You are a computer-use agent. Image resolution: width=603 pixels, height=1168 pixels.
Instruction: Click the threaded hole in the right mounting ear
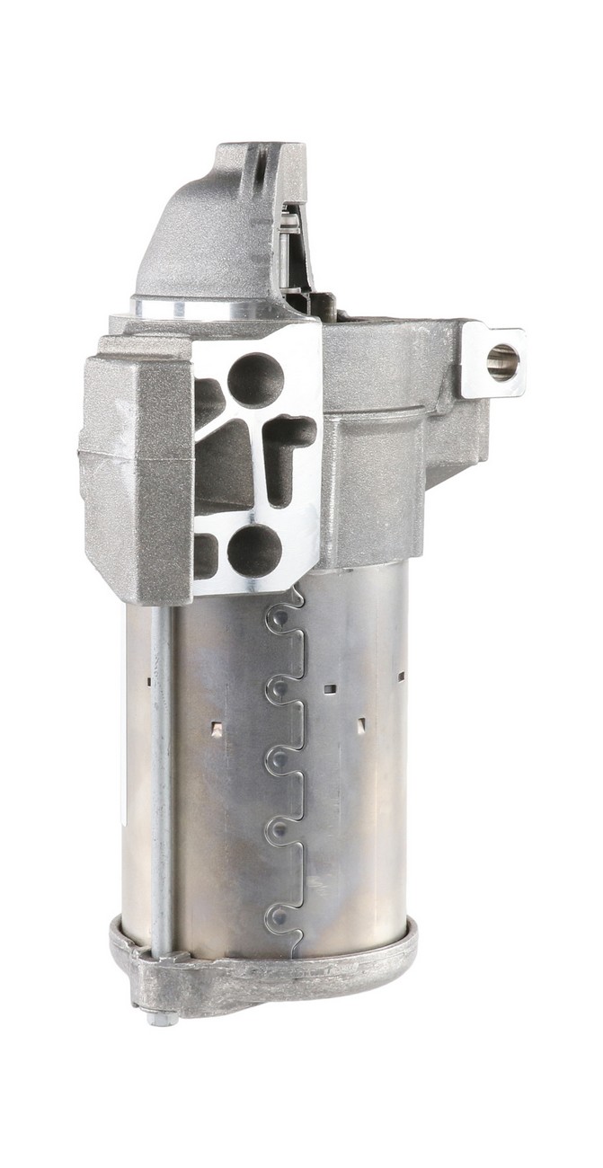(501, 361)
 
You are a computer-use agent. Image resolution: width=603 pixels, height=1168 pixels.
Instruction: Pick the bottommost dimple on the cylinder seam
(281, 917)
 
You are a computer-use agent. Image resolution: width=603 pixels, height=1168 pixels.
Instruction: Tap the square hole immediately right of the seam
(330, 689)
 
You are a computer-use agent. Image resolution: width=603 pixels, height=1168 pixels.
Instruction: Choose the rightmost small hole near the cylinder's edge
(401, 675)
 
